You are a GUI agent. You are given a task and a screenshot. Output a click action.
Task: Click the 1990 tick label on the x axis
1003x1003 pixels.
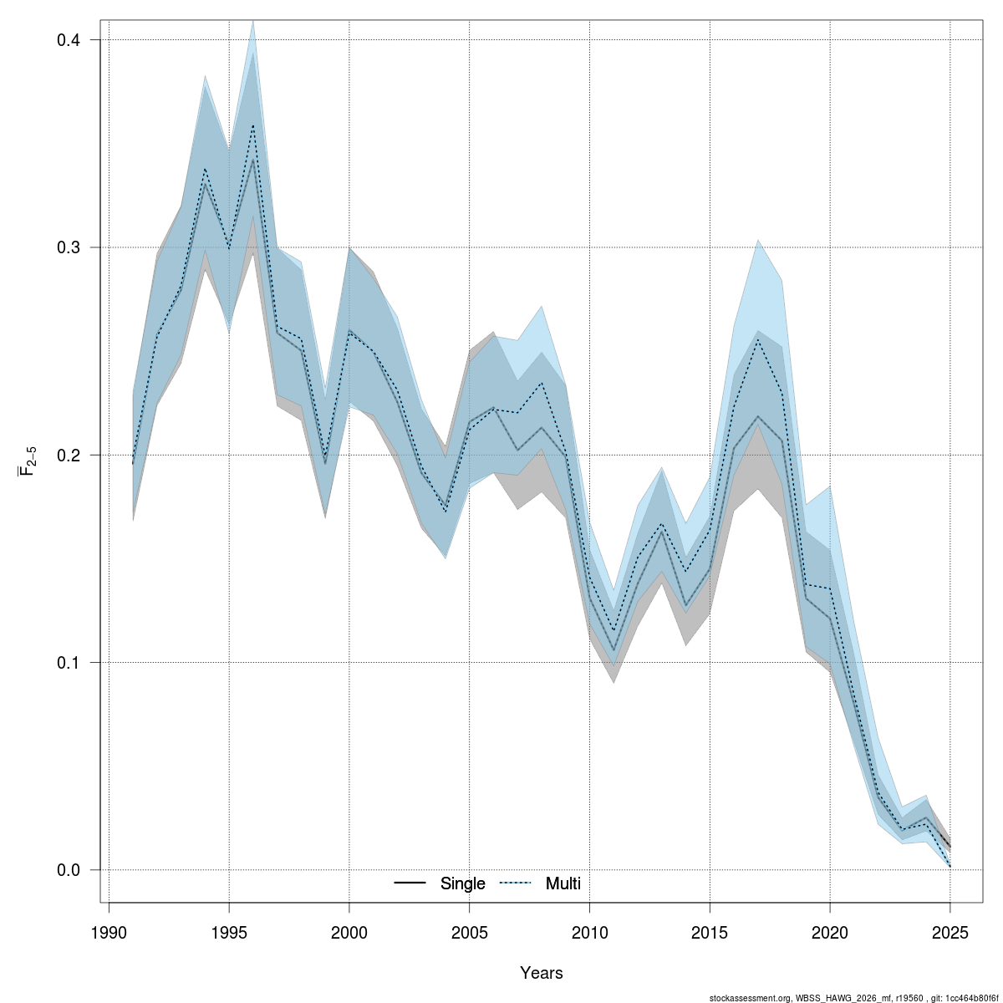(x=109, y=933)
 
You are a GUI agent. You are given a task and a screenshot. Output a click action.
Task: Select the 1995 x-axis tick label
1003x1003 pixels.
(x=229, y=933)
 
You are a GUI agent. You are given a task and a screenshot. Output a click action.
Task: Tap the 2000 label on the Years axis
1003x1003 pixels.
(x=349, y=933)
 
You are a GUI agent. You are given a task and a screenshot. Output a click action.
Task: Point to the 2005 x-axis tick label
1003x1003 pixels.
(x=470, y=933)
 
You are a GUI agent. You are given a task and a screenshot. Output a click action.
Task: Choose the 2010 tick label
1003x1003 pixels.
(x=590, y=933)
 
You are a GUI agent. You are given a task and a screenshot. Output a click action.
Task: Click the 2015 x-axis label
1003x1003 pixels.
(x=710, y=933)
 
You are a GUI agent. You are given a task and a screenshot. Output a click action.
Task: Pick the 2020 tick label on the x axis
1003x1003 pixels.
(x=830, y=933)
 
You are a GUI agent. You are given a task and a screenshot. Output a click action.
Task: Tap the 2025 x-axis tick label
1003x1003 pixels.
(x=950, y=933)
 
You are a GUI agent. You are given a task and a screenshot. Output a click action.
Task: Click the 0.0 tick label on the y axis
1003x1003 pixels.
(x=69, y=870)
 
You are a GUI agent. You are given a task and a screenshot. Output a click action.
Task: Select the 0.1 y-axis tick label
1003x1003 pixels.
(x=69, y=663)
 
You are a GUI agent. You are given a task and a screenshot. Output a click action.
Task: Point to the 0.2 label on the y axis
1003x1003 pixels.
(x=69, y=456)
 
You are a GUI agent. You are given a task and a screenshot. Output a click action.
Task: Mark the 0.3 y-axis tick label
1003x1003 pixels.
(x=69, y=248)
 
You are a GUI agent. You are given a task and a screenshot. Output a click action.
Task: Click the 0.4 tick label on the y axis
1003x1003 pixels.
(x=69, y=40)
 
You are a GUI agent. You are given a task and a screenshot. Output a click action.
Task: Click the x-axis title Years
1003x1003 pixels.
(x=542, y=973)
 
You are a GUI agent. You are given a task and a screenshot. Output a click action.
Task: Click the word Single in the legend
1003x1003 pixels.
(x=462, y=883)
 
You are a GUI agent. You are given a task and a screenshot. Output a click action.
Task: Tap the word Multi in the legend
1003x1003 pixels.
(x=563, y=883)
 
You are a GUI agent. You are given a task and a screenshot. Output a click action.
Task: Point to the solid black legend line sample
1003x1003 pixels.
(x=410, y=883)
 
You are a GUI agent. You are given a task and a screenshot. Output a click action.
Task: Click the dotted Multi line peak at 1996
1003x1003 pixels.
(x=253, y=125)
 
